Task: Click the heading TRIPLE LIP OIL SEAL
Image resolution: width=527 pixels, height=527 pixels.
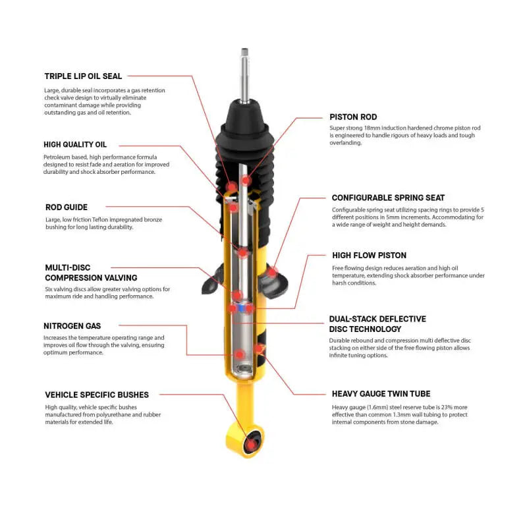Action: [x=83, y=76]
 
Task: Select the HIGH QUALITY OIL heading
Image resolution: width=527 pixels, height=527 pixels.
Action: [x=75, y=144]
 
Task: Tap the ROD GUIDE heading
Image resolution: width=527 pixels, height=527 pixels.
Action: [x=66, y=207]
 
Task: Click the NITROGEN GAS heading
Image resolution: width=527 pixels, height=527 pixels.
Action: [x=72, y=325]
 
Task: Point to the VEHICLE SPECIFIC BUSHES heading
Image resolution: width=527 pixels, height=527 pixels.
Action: [x=97, y=395]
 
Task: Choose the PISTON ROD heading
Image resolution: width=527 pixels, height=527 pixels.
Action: [x=353, y=117]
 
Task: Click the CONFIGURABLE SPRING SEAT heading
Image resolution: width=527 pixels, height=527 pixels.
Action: [x=388, y=197]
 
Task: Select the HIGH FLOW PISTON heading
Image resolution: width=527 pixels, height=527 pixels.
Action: [x=369, y=255]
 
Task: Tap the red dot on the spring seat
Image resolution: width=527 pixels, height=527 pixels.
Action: [x=273, y=271]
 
